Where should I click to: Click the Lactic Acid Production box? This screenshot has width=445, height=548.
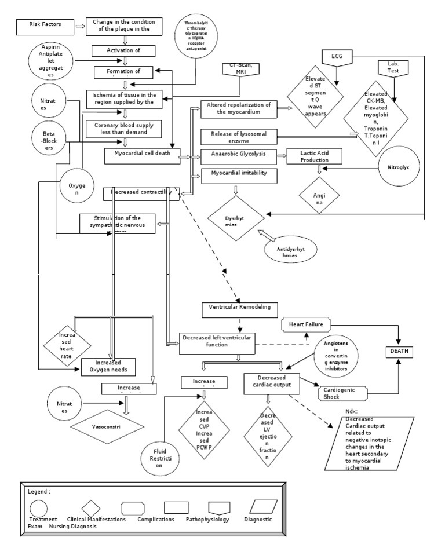[x=315, y=156]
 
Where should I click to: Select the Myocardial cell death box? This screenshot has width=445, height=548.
[x=141, y=156]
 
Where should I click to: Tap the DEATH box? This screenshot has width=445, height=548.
[x=402, y=351]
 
